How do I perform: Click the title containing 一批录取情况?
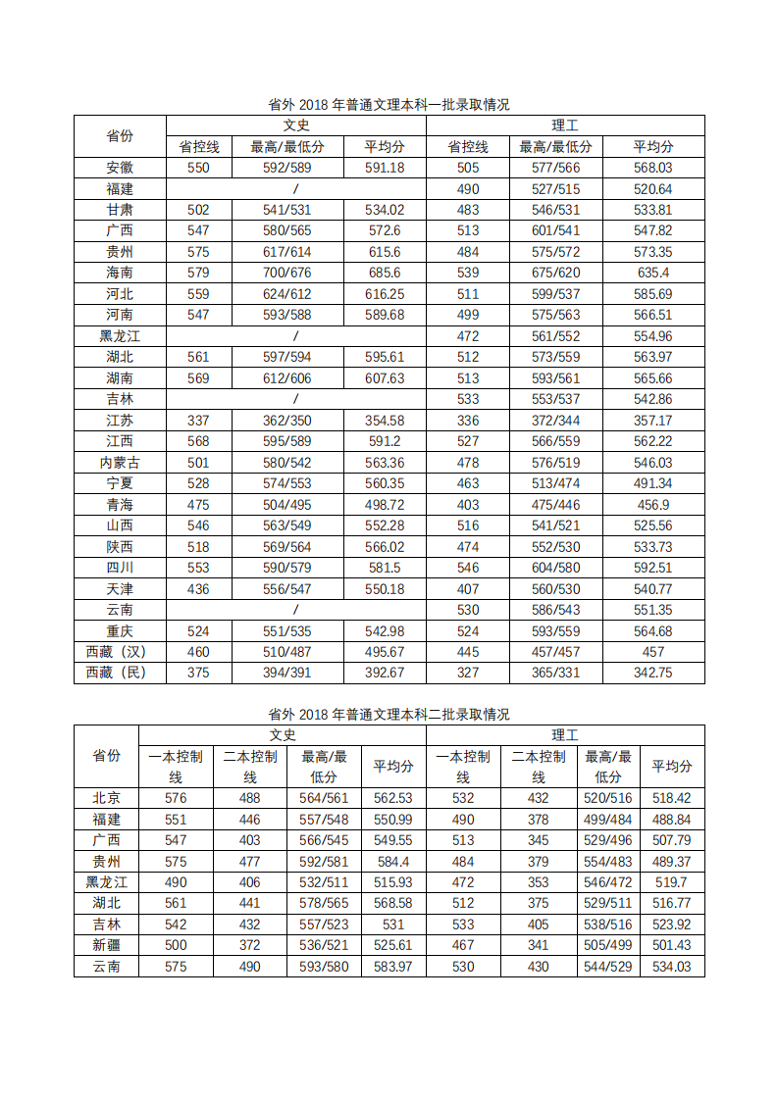389,105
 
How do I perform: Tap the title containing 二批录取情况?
389,715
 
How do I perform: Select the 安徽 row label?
120,168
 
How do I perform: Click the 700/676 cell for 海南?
287,273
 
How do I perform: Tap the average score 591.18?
385,168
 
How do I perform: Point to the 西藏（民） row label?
120,673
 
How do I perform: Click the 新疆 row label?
106,945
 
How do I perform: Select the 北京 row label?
106,798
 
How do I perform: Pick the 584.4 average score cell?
393,861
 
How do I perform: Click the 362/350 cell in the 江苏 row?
287,420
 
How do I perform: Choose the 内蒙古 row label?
120,462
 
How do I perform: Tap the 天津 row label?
120,588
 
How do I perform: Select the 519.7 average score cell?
672,882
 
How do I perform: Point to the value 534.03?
672,967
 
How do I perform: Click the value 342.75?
653,673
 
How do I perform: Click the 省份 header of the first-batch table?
120,136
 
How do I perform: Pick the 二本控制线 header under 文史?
250,766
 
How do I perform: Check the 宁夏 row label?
120,483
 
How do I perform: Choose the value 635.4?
653,273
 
